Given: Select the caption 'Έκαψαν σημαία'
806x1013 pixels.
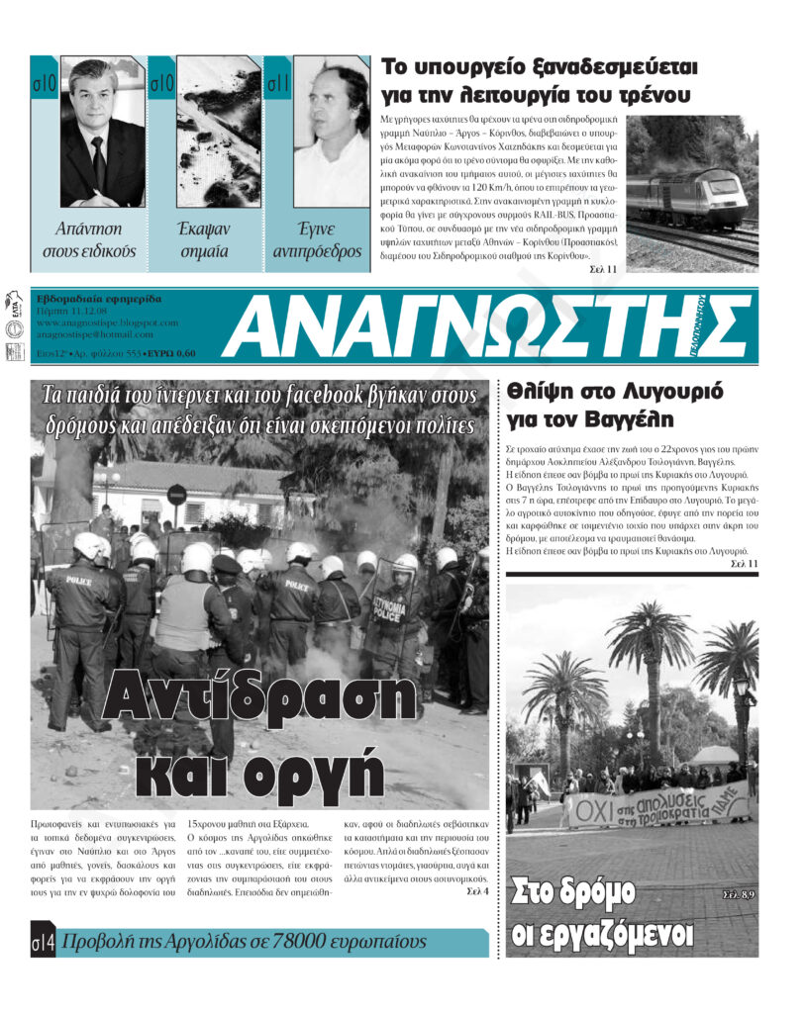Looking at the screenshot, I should pyautogui.click(x=204, y=240).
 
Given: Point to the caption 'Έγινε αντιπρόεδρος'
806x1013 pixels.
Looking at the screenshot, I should pyautogui.click(x=317, y=240).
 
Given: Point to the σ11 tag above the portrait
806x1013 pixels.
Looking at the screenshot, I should pyautogui.click(x=278, y=84).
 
